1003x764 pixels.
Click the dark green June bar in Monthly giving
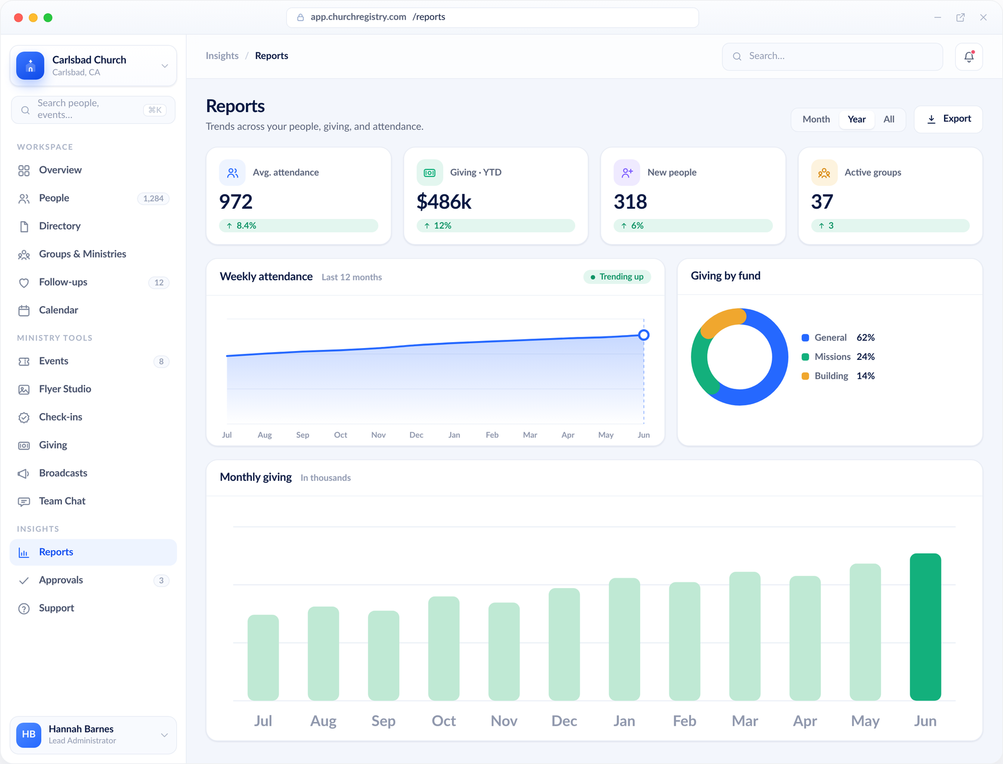click(x=925, y=627)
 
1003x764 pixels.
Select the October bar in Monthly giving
click(x=444, y=648)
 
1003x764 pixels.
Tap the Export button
click(x=948, y=119)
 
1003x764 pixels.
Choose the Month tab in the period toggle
click(x=816, y=120)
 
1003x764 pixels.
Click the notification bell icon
click(x=969, y=57)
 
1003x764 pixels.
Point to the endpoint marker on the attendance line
click(x=644, y=335)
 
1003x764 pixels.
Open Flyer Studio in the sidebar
click(x=65, y=389)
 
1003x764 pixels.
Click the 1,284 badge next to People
click(x=153, y=199)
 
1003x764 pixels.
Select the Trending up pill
click(x=617, y=277)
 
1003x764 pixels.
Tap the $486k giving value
click(x=444, y=202)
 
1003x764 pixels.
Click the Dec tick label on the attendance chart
click(x=417, y=435)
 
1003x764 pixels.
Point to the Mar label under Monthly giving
click(x=745, y=721)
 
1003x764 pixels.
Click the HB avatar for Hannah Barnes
click(x=29, y=735)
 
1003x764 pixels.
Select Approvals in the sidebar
click(x=61, y=581)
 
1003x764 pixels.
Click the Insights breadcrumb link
click(x=222, y=56)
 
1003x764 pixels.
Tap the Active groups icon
click(x=824, y=173)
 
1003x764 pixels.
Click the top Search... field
click(x=832, y=57)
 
